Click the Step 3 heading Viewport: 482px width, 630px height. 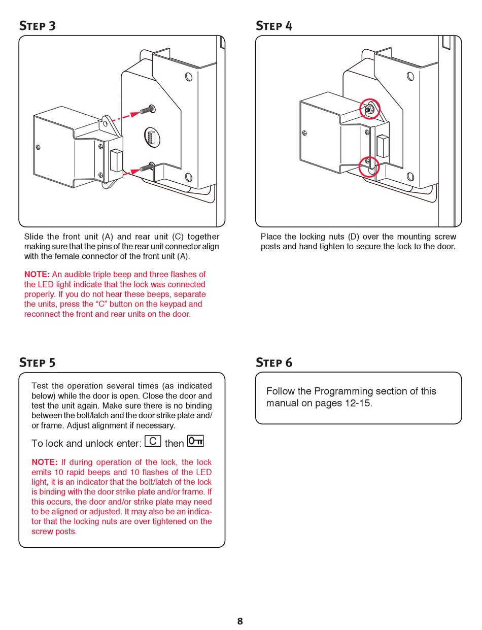(38, 26)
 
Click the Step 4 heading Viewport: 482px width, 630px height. (274, 26)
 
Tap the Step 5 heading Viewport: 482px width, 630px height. (38, 362)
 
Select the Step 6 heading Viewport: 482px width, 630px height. (274, 362)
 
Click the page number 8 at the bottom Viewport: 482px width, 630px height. (240, 621)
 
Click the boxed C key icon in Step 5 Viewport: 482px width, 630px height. (153, 441)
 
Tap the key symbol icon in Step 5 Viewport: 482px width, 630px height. (195, 441)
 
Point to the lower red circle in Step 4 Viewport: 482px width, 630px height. (369, 167)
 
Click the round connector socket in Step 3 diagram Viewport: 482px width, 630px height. (152, 137)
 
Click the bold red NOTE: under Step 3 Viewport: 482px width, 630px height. (37, 275)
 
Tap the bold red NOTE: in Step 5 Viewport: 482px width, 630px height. (44, 462)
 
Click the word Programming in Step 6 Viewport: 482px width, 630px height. (340, 391)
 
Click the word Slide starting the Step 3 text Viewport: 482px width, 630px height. (34, 237)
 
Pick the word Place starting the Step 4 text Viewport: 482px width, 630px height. (271, 237)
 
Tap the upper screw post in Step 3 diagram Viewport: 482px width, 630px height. (149, 109)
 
